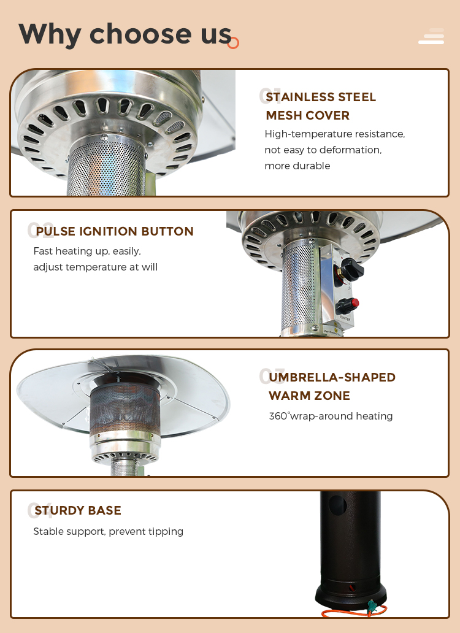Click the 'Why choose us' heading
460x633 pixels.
[x=125, y=35]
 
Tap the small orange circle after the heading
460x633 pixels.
[x=233, y=43]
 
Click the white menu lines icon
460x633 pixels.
[x=431, y=36]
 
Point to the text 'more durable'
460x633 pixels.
[x=297, y=166]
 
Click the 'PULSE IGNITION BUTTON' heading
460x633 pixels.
[x=115, y=231]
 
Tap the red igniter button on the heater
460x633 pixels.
[x=355, y=303]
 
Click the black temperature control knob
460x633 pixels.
[x=352, y=270]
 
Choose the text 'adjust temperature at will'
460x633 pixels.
[x=96, y=267]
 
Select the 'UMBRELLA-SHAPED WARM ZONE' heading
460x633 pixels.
[x=332, y=386]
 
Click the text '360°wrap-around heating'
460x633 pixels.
[x=331, y=416]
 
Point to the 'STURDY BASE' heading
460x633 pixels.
[x=78, y=510]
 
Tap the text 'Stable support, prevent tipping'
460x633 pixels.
[x=108, y=531]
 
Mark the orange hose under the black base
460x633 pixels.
[x=355, y=612]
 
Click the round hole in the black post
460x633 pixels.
[x=337, y=505]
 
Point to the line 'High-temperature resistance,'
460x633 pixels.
[x=335, y=134]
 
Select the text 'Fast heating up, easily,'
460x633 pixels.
[x=87, y=251]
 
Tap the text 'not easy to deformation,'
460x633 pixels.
[x=323, y=150]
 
